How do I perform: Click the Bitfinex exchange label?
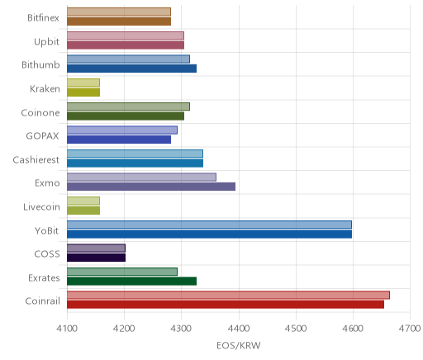coord(44,18)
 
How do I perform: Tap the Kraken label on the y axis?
coord(45,89)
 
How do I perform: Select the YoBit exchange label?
coord(47,230)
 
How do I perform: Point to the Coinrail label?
coord(43,301)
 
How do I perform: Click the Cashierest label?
coord(36,160)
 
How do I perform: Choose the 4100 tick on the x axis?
coord(67,329)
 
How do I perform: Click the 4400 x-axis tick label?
coord(239,329)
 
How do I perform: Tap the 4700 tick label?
coord(410,329)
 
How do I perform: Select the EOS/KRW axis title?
coord(239,345)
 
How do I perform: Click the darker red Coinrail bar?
coord(226,305)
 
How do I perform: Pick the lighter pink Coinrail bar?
coord(228,295)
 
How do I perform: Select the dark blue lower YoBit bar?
coord(209,234)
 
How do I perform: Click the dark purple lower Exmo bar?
coord(151,187)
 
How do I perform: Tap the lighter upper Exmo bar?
coord(141,178)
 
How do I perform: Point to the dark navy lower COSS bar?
coord(96,258)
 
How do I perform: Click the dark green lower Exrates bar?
coord(132,282)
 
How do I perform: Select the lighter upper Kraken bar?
coord(83,83)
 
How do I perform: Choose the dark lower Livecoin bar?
coord(83,211)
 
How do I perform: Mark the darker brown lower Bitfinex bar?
coord(119,21)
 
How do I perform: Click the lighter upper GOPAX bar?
coord(122,130)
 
